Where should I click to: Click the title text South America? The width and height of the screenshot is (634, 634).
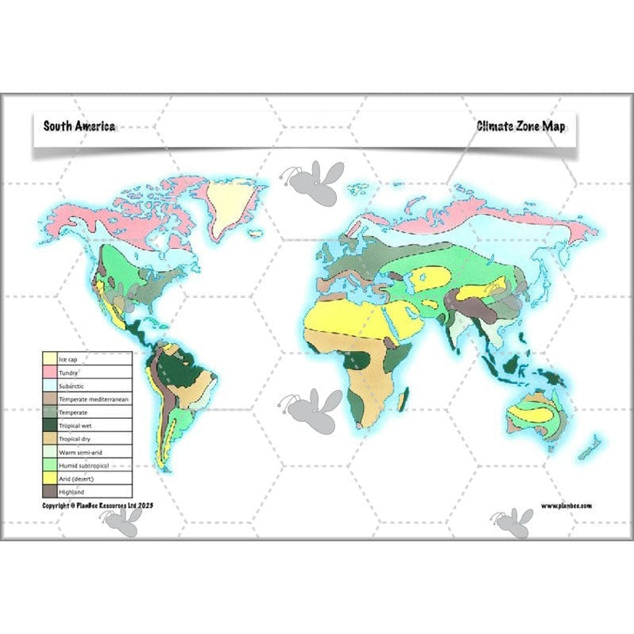coord(79,126)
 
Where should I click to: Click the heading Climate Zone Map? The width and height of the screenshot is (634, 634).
coord(520,126)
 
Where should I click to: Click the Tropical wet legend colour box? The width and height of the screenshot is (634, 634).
coord(49,426)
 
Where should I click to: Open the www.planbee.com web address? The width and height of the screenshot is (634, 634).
coord(566,505)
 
